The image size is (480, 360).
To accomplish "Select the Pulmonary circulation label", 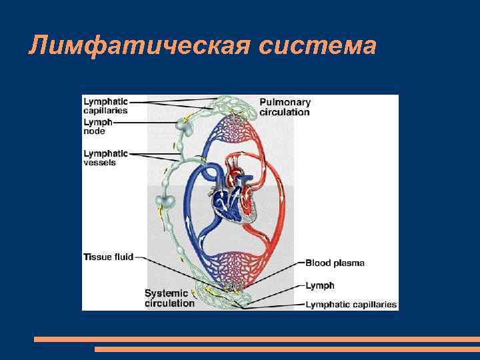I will tap(285, 107).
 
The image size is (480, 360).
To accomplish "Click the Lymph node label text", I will tap(98, 127).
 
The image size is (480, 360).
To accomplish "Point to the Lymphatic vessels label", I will tap(105, 157).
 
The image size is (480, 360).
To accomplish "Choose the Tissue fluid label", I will tap(108, 256).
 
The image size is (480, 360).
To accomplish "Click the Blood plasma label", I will tap(335, 263).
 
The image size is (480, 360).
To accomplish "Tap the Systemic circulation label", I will tap(169, 298).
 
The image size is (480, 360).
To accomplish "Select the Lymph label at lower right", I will tap(320, 285).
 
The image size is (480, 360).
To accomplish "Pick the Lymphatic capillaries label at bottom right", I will tap(351, 305).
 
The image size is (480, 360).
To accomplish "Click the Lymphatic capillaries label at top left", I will tap(105, 105).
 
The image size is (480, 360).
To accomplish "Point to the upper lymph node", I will tap(183, 124).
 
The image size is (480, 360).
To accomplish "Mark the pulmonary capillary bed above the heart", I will tap(233, 127).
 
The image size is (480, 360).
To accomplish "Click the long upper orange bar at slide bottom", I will tap(257, 339).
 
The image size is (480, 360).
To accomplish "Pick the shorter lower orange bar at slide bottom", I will tap(287, 349).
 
